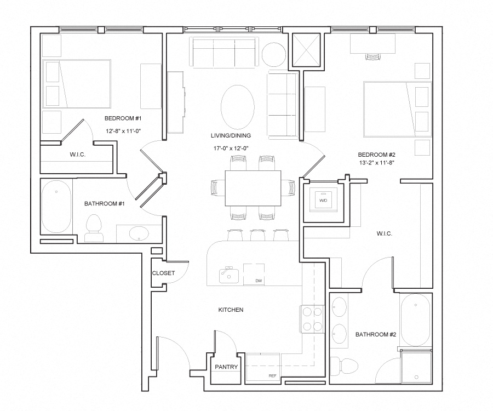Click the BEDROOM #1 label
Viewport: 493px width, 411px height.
point(123,118)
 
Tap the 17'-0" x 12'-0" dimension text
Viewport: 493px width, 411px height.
point(231,148)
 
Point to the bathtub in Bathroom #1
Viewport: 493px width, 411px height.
point(56,207)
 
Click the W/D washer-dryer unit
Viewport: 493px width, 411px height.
point(323,201)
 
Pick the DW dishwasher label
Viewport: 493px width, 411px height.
point(259,281)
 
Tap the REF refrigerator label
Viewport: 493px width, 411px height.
point(273,376)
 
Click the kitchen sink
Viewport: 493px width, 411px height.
point(229,275)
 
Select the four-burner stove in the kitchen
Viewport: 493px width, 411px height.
point(312,319)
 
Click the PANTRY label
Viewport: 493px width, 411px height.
point(226,367)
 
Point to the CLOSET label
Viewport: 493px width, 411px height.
point(163,273)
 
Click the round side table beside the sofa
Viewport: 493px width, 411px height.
point(274,54)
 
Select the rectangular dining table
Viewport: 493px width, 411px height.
point(253,188)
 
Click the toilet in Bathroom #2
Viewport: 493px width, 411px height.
point(345,366)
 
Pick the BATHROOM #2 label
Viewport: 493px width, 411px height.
point(375,335)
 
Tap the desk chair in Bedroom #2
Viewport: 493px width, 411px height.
point(373,56)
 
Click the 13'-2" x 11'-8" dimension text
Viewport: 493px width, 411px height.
point(376,163)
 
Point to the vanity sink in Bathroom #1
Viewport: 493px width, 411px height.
point(139,233)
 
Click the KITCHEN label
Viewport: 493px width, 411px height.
point(231,310)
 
